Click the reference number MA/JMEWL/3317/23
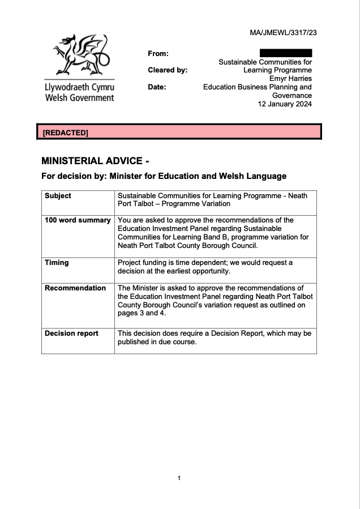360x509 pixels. pos(283,33)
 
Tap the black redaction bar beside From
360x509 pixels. pos(286,53)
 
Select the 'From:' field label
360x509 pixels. pos(158,54)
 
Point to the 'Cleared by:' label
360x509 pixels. pos(168,70)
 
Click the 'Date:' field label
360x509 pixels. pos(157,87)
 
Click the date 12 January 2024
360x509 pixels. pos(285,104)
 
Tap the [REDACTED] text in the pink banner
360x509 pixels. pos(66,132)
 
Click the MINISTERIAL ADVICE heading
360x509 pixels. pos(95,161)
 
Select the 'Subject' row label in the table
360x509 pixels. pos(58,196)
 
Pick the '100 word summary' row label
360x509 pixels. pos(78,220)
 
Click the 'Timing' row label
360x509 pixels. pos(57,263)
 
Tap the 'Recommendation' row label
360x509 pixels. pos(75,288)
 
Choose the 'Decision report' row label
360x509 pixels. pos(71,333)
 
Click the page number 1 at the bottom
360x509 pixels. pos(179,478)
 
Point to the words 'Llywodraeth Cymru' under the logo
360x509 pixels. pos(79,88)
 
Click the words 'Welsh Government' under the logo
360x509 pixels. pos(79,98)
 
